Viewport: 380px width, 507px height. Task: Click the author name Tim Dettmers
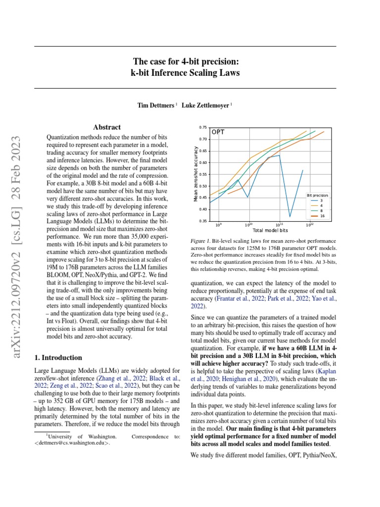pyautogui.click(x=155, y=105)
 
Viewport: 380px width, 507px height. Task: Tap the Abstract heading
pyautogui.click(x=107, y=127)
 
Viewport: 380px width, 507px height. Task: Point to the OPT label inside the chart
pyautogui.click(x=219, y=132)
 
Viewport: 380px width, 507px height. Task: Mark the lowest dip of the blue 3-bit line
pyautogui.click(x=290, y=216)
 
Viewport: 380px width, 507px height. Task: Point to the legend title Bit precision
pyautogui.click(x=318, y=196)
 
